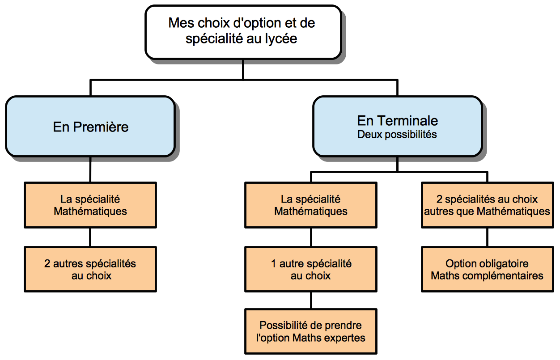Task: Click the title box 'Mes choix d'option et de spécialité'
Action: tap(243, 32)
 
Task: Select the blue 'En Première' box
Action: tap(90, 127)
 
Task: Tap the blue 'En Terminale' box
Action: tap(398, 127)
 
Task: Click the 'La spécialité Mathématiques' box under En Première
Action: tap(90, 205)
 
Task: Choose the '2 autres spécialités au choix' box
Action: tap(90, 269)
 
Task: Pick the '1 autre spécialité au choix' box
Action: tap(311, 269)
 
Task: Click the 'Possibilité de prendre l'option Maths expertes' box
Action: tap(311, 331)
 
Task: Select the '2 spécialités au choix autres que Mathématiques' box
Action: tap(487, 205)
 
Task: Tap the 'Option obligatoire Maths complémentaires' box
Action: tap(487, 269)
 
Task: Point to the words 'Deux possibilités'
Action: tap(397, 135)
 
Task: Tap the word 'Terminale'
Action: tap(411, 121)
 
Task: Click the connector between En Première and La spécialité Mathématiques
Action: tap(90, 170)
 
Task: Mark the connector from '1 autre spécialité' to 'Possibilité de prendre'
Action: tap(311, 301)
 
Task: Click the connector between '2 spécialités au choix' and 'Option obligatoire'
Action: tap(487, 237)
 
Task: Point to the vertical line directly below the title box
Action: tap(243, 70)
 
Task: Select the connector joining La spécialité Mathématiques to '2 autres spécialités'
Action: tap(90, 237)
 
